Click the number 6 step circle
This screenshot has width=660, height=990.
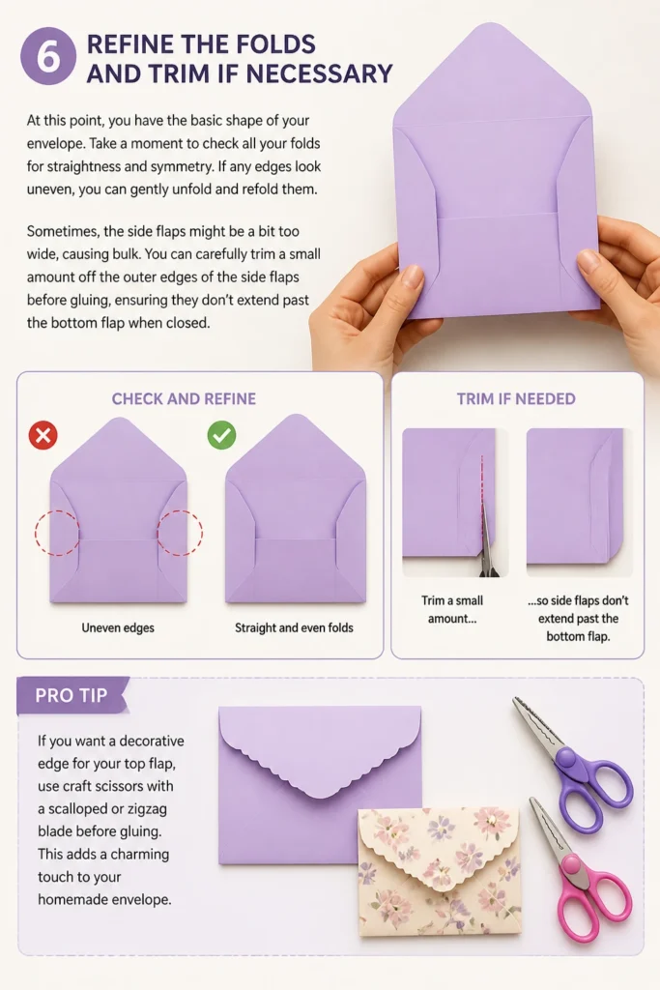[48, 56]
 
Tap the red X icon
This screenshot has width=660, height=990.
[43, 435]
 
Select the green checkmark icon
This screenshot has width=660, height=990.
[221, 435]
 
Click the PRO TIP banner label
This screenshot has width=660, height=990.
[72, 695]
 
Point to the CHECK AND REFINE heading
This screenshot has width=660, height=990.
[184, 399]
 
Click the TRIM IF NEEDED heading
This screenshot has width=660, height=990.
[516, 399]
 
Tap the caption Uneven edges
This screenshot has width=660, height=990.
[118, 627]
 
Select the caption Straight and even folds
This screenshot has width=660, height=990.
[294, 627]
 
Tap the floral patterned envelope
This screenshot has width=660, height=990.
[440, 872]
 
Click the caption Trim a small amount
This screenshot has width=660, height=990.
[452, 609]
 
